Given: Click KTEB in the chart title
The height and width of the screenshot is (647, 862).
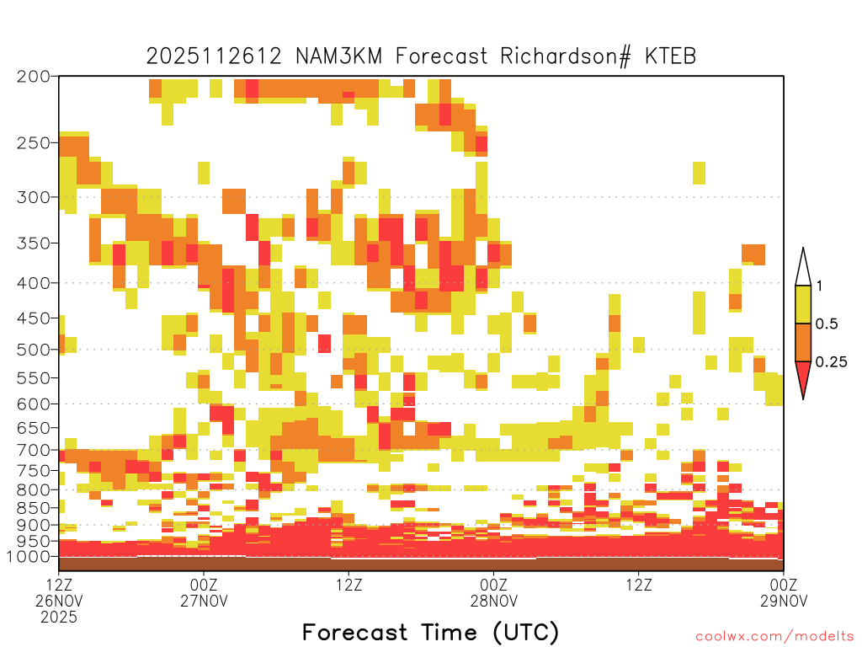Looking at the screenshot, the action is [671, 56].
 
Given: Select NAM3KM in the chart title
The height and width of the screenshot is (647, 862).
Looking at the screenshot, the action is [338, 56].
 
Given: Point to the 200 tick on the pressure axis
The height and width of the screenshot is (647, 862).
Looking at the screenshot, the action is [34, 77].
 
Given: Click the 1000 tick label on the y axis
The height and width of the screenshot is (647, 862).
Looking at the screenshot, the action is [28, 557].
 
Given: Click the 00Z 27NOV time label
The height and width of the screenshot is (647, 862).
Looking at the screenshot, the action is [204, 592].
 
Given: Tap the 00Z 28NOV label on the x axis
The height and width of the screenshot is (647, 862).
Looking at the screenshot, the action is [493, 592].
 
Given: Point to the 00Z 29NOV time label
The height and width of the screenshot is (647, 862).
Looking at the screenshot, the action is [784, 592].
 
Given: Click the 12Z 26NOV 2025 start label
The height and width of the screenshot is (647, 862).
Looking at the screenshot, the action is [59, 601].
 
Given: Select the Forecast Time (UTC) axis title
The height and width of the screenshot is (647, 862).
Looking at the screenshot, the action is [430, 633].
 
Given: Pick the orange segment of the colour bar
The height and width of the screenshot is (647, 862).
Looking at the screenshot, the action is [803, 342].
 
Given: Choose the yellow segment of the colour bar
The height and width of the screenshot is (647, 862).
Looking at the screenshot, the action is [803, 304].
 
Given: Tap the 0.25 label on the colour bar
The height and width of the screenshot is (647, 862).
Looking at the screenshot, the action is [831, 362].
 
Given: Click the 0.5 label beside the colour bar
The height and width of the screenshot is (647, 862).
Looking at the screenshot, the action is [827, 324].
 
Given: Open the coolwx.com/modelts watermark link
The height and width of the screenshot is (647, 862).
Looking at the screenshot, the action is [774, 637].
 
